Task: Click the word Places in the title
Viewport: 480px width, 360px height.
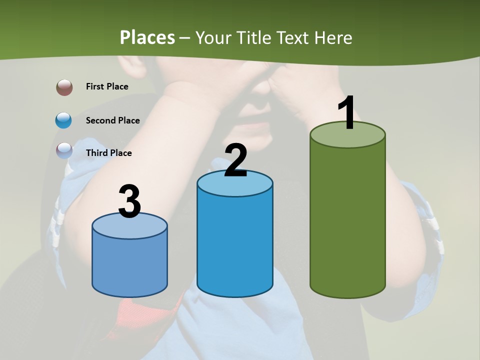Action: [x=147, y=37]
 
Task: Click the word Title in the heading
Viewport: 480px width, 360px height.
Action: [x=253, y=37]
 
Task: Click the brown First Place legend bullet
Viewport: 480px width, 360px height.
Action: [x=64, y=87]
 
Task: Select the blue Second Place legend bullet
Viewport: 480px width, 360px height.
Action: [x=64, y=120]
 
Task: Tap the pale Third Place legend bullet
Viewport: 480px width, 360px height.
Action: [x=64, y=150]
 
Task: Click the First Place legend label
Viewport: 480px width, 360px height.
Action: [x=107, y=86]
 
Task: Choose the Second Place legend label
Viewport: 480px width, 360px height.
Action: [x=112, y=120]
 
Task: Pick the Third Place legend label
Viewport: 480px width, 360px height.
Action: [x=108, y=153]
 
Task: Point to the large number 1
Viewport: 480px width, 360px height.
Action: [x=346, y=113]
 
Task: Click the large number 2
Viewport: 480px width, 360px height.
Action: [x=235, y=160]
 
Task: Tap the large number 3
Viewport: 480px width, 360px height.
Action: [x=129, y=202]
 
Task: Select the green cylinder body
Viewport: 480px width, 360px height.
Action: [x=347, y=220]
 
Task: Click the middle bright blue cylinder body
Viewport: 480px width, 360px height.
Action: [x=235, y=245]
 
